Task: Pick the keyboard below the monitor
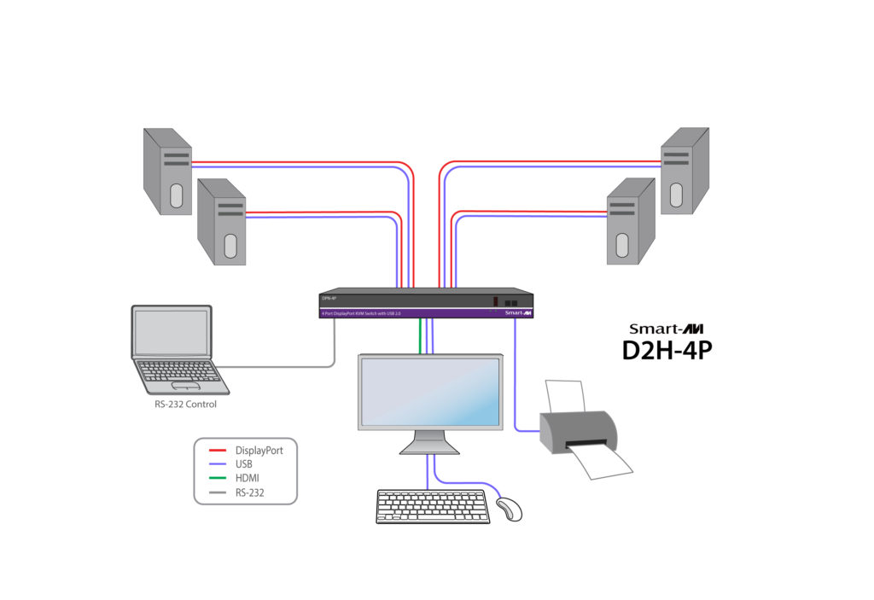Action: click(434, 506)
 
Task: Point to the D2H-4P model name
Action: click(667, 350)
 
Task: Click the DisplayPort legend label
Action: click(259, 449)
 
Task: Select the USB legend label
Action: click(244, 463)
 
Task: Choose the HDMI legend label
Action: click(248, 478)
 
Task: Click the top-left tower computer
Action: click(167, 171)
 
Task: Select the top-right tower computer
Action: click(685, 171)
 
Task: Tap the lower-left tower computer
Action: click(221, 223)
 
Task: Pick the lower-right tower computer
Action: click(630, 221)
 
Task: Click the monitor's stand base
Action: click(429, 447)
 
